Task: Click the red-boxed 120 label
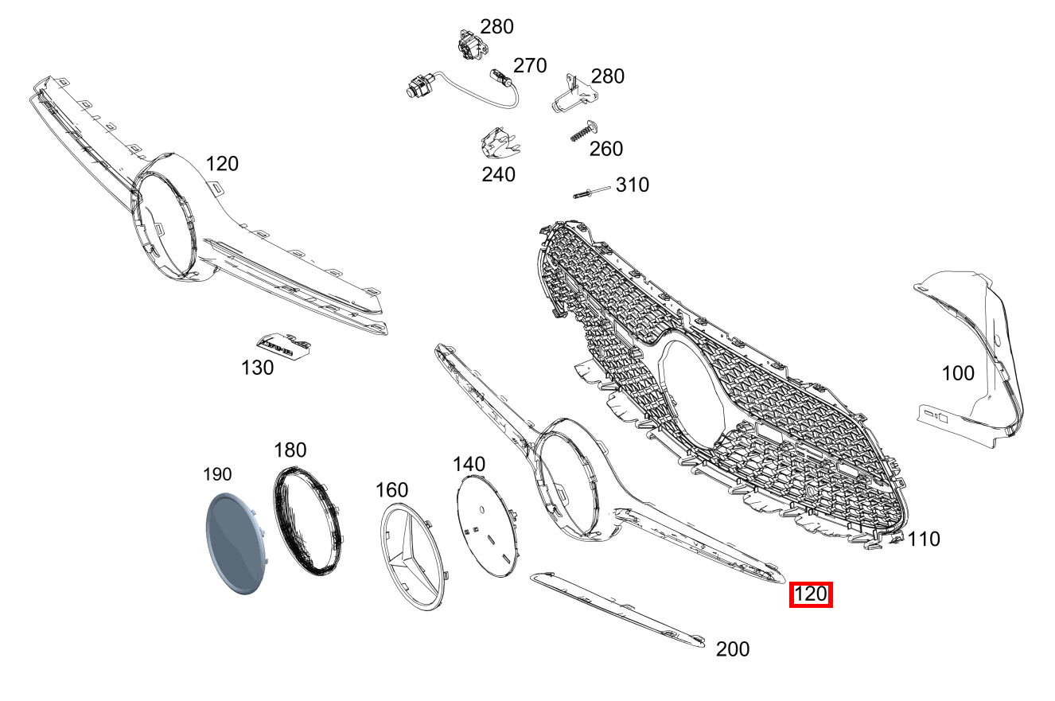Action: (x=811, y=594)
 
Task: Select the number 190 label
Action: (x=217, y=474)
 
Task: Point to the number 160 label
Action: (x=392, y=490)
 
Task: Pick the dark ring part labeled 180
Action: (x=308, y=521)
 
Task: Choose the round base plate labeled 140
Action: (x=488, y=526)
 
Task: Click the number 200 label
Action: (x=733, y=649)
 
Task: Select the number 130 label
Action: (x=257, y=368)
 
